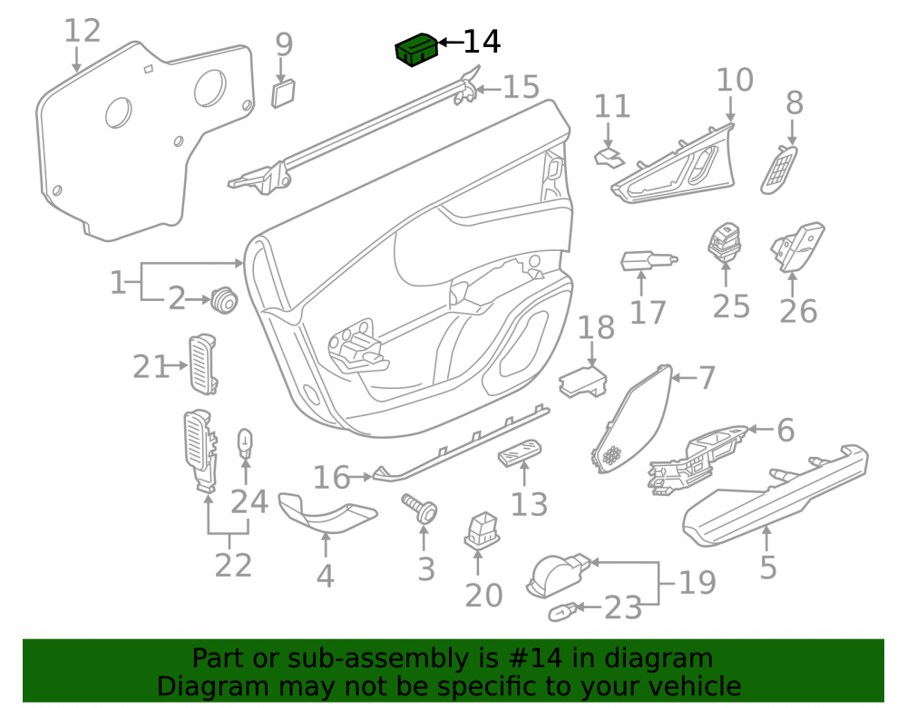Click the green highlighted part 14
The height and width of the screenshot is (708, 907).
416,50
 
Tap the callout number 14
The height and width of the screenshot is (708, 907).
482,42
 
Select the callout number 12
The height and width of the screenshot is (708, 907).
83,31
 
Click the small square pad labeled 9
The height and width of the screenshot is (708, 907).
283,93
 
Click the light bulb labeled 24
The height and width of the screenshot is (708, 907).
246,444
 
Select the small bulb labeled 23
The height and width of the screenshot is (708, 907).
562,612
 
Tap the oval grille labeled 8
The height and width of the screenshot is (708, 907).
778,170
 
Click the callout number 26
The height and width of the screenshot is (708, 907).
798,311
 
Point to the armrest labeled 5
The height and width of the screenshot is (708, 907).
775,495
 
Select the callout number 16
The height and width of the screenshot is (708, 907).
331,478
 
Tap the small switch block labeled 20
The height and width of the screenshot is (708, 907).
482,530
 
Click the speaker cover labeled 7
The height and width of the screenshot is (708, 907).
631,419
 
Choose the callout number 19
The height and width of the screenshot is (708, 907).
697,583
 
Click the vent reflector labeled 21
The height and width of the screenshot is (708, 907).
202,364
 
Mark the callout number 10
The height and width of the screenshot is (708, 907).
735,80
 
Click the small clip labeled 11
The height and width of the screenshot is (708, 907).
610,157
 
